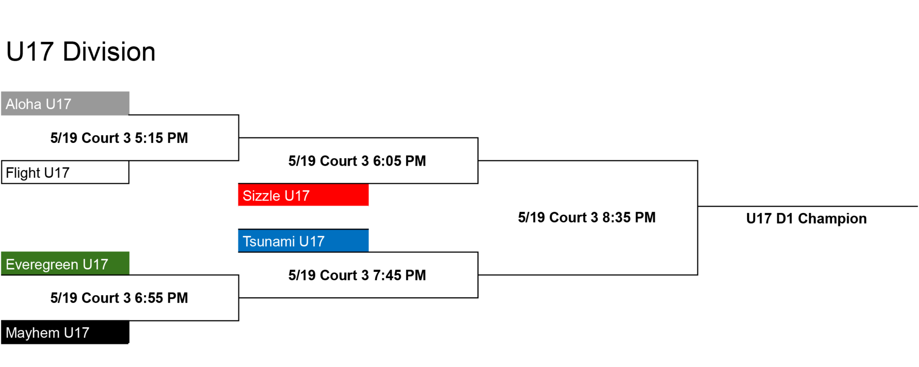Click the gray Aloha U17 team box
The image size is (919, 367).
65,104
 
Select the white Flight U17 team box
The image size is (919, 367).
65,172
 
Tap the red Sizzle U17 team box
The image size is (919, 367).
303,195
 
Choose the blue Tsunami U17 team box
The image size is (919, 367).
303,241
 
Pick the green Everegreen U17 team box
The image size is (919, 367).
65,264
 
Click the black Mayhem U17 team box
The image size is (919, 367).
65,332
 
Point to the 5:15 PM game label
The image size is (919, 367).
119,138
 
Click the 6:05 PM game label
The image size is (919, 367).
357,161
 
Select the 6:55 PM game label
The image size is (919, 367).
119,298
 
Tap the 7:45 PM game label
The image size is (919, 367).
357,275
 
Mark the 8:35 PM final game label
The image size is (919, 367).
587,217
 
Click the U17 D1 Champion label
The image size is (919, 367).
806,219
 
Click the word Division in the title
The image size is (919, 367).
109,52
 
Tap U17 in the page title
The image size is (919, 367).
30,52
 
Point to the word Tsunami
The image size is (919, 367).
269,242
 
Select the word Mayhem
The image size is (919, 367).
33,333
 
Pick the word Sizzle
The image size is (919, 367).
262,196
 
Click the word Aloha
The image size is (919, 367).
23,104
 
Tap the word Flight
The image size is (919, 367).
23,173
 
